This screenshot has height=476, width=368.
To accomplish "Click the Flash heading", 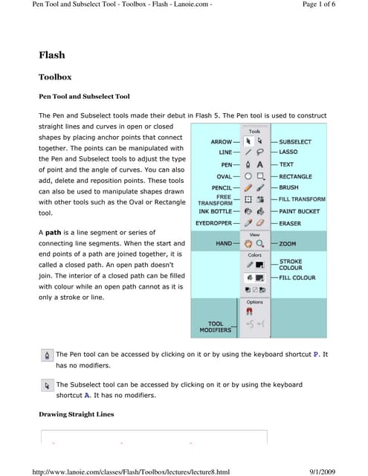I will click(51, 55).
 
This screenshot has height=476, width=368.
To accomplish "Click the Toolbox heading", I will click(55, 77).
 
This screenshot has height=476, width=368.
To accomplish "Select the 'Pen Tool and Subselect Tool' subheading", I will click(84, 97).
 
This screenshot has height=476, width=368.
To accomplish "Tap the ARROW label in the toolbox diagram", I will click(221, 141).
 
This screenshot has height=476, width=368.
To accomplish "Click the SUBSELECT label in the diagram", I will click(294, 141).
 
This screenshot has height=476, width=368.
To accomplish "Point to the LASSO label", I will click(288, 152).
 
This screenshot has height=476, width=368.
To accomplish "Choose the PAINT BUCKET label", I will click(300, 211).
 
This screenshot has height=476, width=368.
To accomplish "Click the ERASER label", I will click(289, 223).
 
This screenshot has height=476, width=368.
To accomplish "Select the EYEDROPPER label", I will click(214, 223).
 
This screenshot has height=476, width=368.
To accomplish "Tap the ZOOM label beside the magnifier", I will click(287, 243).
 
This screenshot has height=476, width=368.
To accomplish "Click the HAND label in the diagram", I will click(224, 243).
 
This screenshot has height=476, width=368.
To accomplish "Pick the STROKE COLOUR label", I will click(291, 265).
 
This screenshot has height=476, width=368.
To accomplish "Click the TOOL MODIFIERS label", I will click(215, 327).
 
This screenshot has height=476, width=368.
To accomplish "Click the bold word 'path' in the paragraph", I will click(54, 233).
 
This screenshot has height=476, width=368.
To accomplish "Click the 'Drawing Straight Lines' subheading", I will click(76, 414).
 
